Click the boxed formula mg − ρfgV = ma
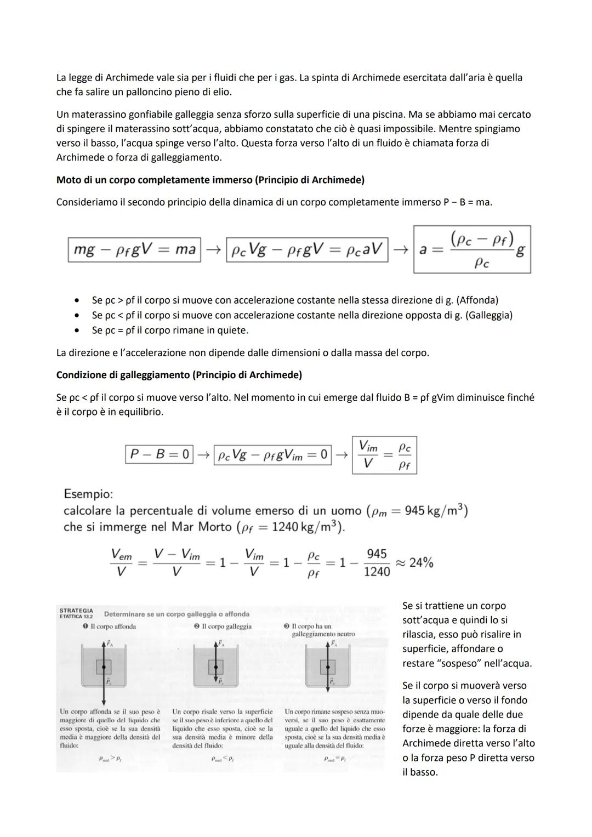click(134, 249)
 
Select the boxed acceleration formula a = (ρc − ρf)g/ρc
click(472, 249)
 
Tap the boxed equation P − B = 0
click(159, 454)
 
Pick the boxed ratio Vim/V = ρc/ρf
click(384, 455)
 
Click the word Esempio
click(88, 494)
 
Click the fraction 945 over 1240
click(377, 563)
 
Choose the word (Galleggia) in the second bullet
click(488, 315)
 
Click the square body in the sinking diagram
click(104, 667)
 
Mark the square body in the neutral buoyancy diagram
click(328, 667)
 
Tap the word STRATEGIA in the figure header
click(76, 611)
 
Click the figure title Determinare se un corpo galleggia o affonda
click(177, 614)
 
